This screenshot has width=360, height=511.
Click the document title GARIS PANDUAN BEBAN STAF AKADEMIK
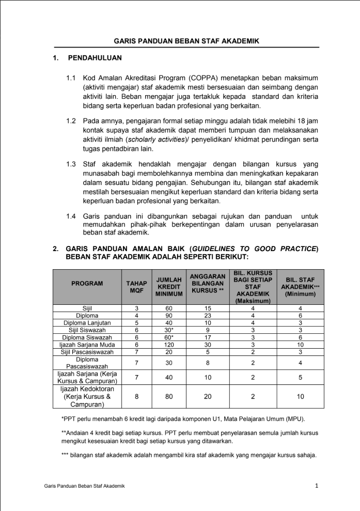point(187,40)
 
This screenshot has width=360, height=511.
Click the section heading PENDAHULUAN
point(95,58)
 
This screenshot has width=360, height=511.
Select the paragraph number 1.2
point(71,121)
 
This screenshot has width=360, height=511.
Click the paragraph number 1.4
point(71,216)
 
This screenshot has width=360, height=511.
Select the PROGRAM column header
point(87,283)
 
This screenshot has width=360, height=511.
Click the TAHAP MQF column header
point(136,287)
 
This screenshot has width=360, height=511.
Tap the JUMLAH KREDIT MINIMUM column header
point(169,287)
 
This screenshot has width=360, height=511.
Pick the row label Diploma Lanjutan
point(87,322)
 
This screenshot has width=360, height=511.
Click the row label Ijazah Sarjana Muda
point(87,344)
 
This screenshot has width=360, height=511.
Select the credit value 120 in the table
point(169,344)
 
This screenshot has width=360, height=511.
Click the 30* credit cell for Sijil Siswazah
point(169,330)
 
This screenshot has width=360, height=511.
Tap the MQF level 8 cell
point(136,397)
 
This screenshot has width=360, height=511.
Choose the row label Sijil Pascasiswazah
point(87,351)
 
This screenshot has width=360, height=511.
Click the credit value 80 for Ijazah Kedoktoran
point(169,397)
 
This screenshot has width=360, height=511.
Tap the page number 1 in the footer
point(317,485)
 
